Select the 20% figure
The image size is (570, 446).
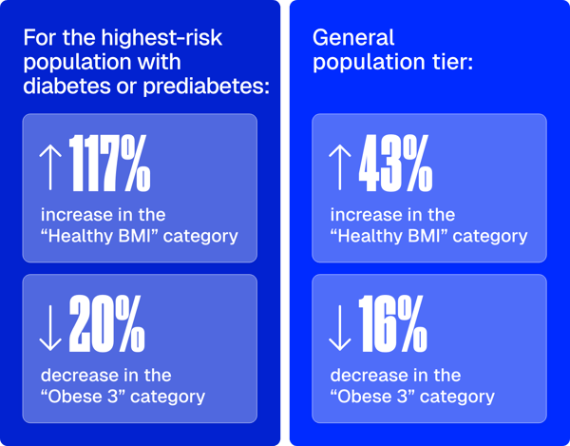click(105, 326)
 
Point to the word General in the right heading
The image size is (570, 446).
click(353, 39)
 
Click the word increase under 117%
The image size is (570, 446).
click(73, 214)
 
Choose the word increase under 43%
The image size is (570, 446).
click(363, 215)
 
